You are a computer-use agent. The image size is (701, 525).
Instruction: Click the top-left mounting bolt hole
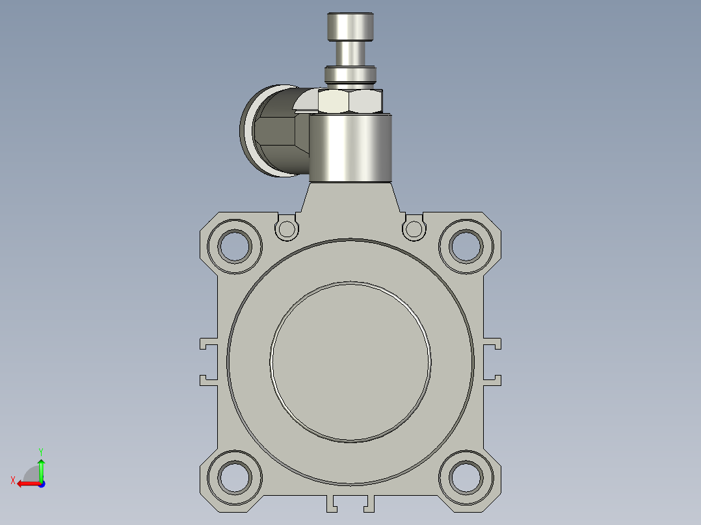point(235,246)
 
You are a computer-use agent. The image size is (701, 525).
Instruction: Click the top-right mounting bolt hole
point(466,246)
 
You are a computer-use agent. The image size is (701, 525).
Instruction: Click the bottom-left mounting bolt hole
point(235,477)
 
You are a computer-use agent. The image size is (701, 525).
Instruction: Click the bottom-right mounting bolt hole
point(466,477)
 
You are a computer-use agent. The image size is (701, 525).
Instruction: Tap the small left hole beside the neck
point(287,229)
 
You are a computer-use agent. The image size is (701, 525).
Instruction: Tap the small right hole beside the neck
point(414,229)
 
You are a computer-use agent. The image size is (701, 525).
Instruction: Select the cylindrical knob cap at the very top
point(350,27)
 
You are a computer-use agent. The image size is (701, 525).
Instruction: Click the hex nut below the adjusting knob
point(350,101)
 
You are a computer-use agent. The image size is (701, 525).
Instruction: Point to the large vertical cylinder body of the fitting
point(350,148)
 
